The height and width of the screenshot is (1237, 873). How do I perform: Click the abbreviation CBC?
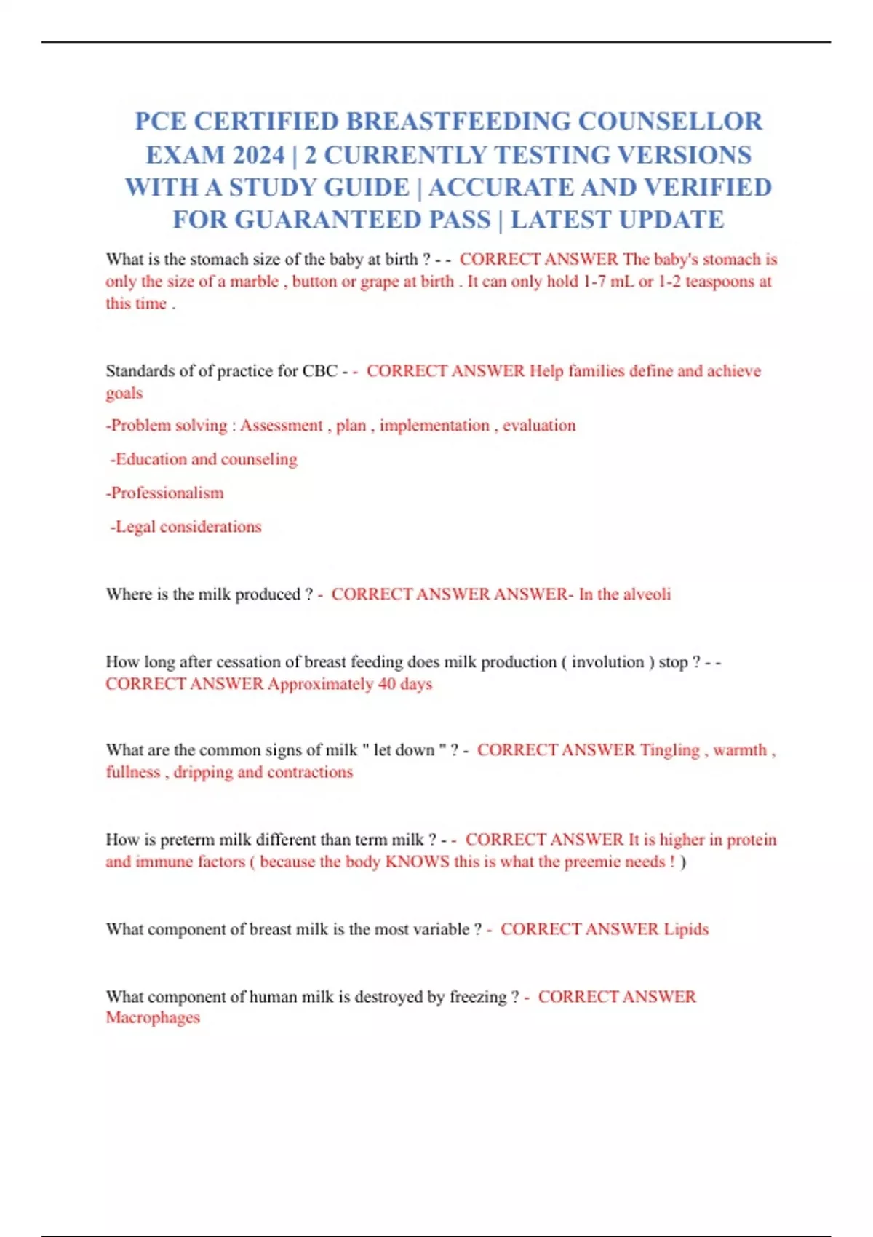pyautogui.click(x=320, y=371)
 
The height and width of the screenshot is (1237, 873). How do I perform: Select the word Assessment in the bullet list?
pyautogui.click(x=281, y=426)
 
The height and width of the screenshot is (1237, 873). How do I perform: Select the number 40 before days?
pyautogui.click(x=387, y=684)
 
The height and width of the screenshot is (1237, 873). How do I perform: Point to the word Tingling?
pyautogui.click(x=669, y=750)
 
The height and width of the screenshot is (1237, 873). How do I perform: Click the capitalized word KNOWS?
pyautogui.click(x=417, y=862)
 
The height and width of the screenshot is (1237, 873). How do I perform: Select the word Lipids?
pyautogui.click(x=685, y=929)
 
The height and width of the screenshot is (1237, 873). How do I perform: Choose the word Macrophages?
pyautogui.click(x=153, y=1018)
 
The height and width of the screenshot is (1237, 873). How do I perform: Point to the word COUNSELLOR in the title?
pyautogui.click(x=670, y=121)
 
